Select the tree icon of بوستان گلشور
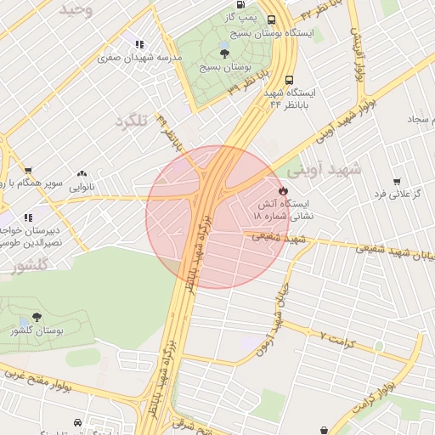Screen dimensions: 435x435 [x=36, y=317]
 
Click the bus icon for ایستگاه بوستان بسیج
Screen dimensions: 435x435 [x=271, y=20]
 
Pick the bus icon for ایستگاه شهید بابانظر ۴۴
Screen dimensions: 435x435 [x=290, y=77]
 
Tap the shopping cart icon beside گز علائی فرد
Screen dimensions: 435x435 [x=397, y=181]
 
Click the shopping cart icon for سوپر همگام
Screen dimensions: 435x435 [x=28, y=171]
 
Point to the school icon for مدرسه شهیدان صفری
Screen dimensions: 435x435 [x=138, y=44]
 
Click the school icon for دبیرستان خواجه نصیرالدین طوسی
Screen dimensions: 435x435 [x=28, y=217]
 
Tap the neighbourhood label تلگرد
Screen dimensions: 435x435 [x=131, y=121]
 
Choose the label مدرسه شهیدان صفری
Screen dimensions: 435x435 [x=140, y=59]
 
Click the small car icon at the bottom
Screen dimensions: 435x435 [x=78, y=422]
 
